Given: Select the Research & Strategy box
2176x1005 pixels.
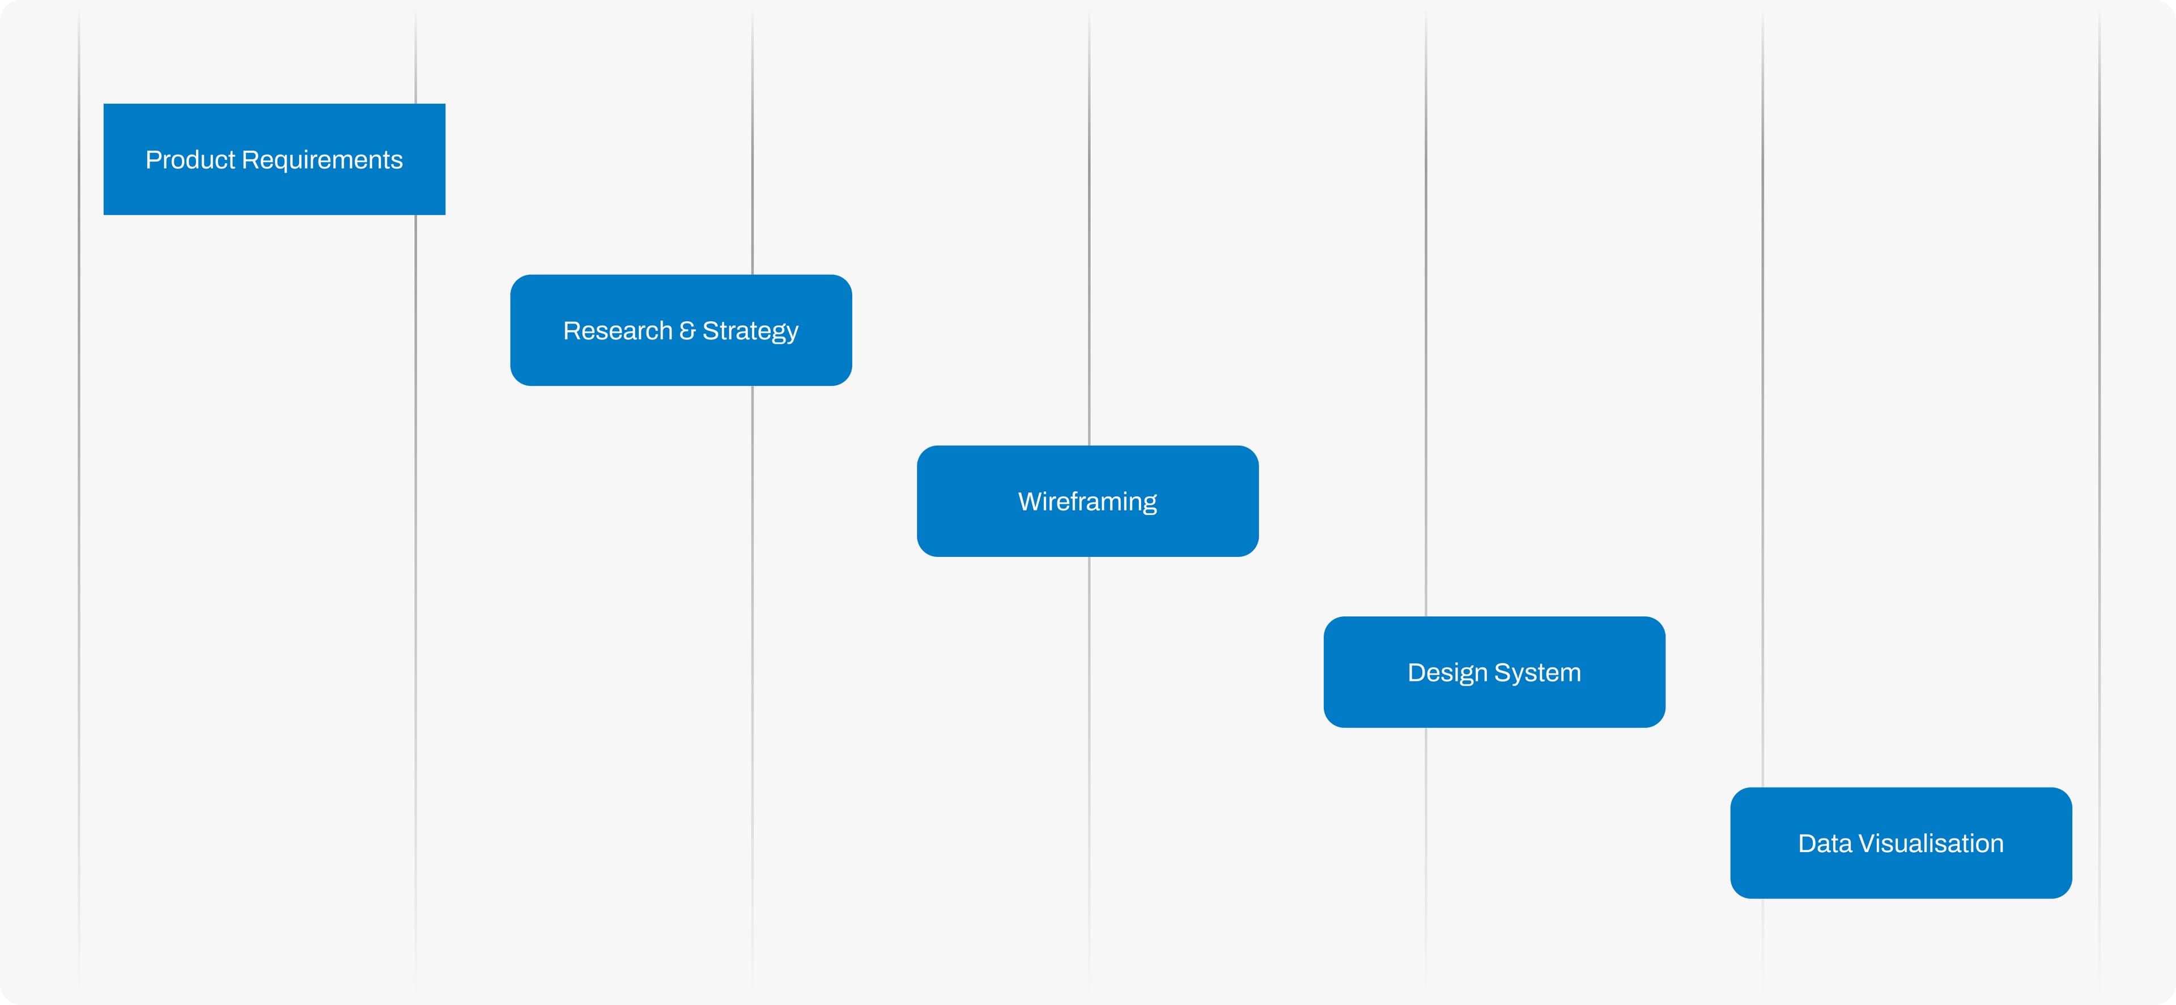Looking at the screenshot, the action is click(x=681, y=330).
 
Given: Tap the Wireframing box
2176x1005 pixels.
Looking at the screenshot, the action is click(x=1088, y=501).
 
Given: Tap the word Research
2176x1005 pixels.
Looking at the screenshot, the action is click(x=618, y=330).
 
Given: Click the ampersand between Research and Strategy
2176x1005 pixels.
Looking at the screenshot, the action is click(x=687, y=330).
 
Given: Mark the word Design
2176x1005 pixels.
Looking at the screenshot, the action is click(x=1447, y=673).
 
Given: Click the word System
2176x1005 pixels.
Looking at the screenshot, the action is click(x=1537, y=673).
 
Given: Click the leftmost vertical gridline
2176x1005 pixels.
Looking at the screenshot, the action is click(x=79, y=502).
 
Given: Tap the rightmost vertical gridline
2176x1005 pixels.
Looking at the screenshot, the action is click(x=2099, y=502).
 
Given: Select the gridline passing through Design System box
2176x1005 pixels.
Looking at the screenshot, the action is click(x=1426, y=502).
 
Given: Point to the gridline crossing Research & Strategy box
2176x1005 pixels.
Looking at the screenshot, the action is click(x=753, y=502).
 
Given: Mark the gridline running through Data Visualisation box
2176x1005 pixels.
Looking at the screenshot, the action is click(x=1763, y=502).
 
